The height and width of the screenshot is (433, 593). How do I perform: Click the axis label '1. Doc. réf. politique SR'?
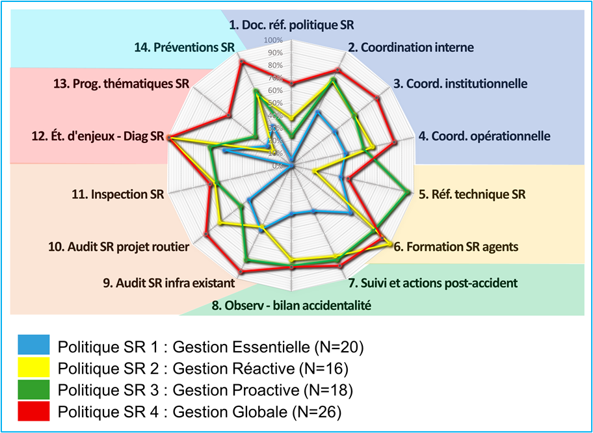tap(292, 25)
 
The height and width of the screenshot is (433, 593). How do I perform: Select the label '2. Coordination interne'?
tap(410, 47)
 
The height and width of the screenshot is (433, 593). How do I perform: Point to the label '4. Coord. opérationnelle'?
tap(484, 137)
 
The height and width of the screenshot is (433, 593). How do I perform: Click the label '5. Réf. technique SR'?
tap(472, 194)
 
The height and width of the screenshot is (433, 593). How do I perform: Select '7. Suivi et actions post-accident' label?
tap(432, 283)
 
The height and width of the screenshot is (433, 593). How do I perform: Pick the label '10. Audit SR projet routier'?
tap(119, 247)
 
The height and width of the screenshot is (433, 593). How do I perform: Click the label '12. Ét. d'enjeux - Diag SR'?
tap(98, 138)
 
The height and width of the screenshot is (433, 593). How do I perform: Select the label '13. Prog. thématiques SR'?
tap(121, 84)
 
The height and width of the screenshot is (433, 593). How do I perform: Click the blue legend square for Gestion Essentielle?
tap(34, 346)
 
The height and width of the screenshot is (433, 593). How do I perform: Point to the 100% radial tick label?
tap(273, 40)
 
